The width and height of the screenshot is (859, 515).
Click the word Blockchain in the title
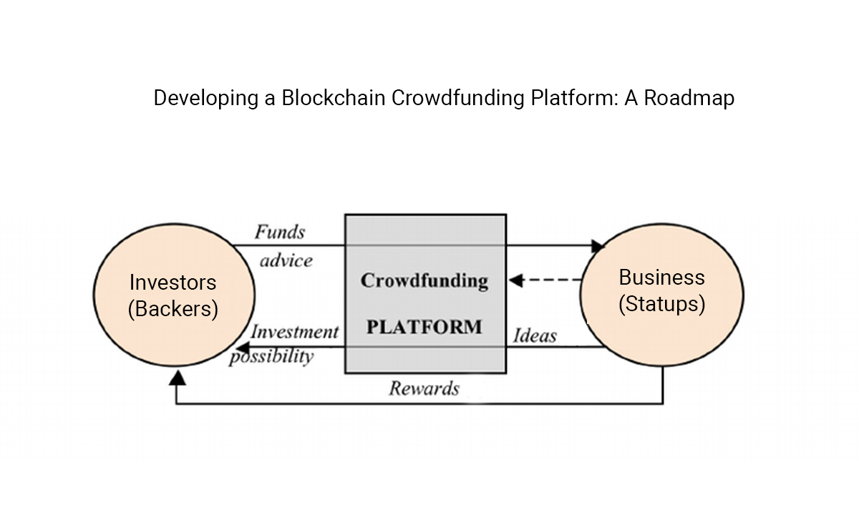click(x=334, y=98)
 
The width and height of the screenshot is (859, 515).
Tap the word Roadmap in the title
click(x=689, y=99)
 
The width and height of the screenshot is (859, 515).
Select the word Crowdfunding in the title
click(x=457, y=99)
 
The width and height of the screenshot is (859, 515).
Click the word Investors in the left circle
click(x=173, y=283)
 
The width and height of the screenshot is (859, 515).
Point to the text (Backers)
click(x=173, y=309)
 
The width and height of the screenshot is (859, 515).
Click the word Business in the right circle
click(x=662, y=277)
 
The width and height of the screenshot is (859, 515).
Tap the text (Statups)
click(x=662, y=304)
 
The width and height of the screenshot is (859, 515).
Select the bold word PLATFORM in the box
click(x=424, y=327)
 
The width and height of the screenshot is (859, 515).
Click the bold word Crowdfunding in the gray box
click(x=424, y=281)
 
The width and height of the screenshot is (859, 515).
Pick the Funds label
click(x=280, y=232)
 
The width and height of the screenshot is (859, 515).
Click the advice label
click(x=286, y=261)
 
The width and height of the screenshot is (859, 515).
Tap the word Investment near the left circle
click(x=294, y=332)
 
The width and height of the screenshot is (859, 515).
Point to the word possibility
click(x=271, y=357)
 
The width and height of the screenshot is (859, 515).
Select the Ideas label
click(x=535, y=335)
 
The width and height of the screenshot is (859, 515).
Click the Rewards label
click(x=424, y=388)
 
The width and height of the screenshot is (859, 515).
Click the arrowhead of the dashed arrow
click(x=516, y=280)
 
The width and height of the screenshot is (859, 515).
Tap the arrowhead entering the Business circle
click(x=598, y=246)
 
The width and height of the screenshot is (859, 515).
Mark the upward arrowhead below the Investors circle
click(x=178, y=378)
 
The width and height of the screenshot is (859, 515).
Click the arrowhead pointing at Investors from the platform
click(x=243, y=348)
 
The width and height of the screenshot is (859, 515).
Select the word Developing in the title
click(x=206, y=99)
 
